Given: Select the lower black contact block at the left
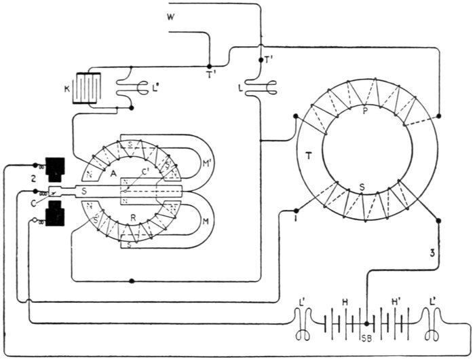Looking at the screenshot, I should pyautogui.click(x=52, y=215).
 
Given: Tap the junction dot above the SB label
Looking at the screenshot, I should pyautogui.click(x=366, y=323).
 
